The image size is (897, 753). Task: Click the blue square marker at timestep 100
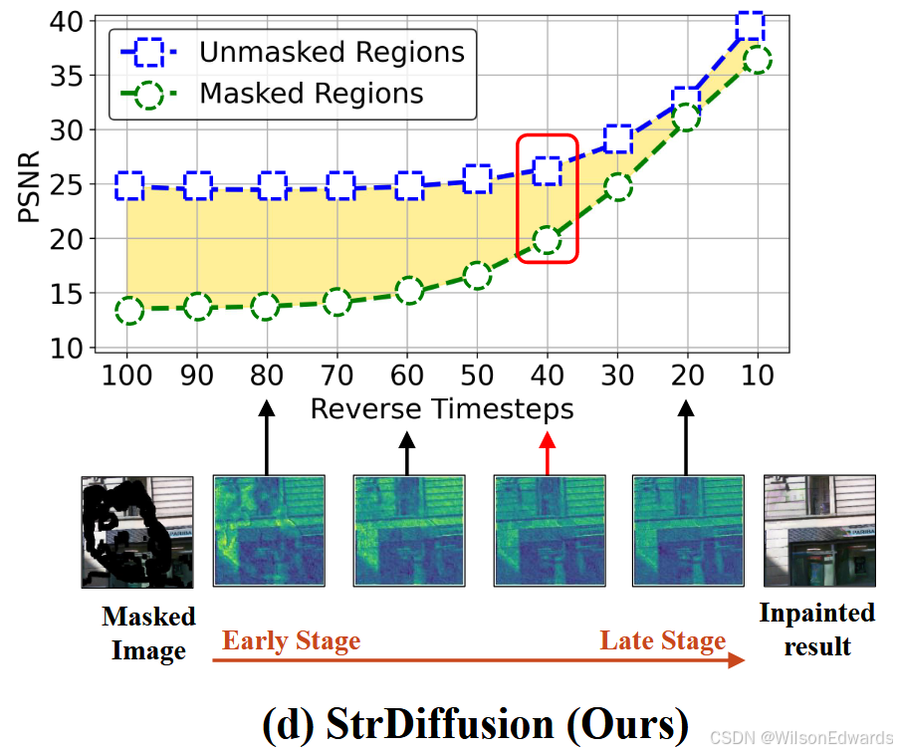pos(128,185)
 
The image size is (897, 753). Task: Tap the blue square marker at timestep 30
pos(618,139)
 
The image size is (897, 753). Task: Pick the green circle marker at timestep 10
pos(758,60)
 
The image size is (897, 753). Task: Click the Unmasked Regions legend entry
pos(332,52)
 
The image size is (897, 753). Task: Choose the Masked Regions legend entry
pos(311,94)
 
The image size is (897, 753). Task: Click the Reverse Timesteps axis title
pos(442,408)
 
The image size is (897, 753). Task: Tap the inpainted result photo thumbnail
pos(819,530)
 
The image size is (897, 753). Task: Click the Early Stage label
pos(291,640)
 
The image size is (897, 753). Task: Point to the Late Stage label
pos(663,640)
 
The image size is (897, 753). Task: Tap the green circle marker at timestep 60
pos(408,292)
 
